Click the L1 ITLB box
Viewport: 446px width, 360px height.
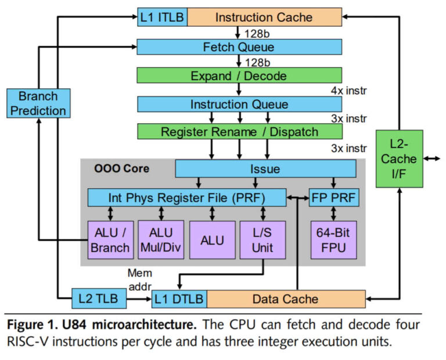(161, 17)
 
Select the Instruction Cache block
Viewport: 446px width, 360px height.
(264, 17)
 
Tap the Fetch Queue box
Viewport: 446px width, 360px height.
(239, 46)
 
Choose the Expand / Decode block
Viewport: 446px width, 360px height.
(239, 75)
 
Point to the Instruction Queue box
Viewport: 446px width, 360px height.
(239, 105)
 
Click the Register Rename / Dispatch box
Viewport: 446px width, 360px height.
(239, 132)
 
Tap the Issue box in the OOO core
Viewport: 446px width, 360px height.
(265, 169)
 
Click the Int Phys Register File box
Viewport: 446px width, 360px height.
(187, 197)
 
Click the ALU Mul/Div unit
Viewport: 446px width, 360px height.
(161, 240)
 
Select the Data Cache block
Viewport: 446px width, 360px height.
(285, 299)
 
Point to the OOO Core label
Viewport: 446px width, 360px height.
(121, 169)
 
